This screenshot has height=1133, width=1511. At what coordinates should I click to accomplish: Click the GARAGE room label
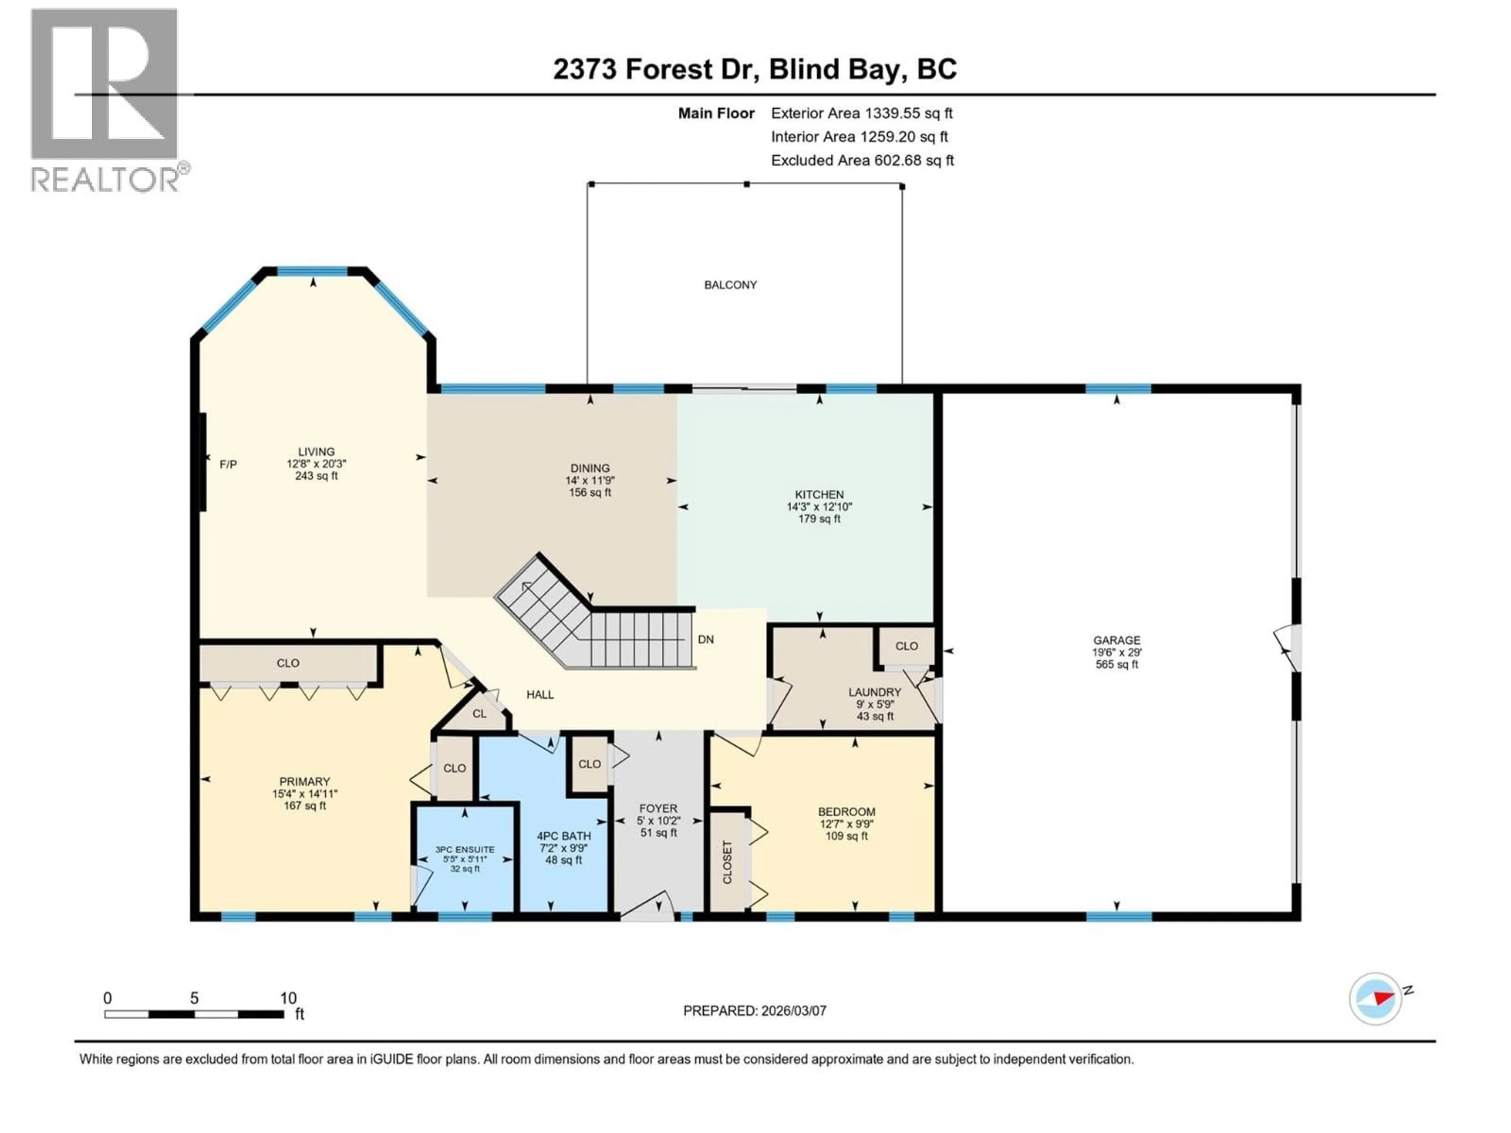pos(1116,640)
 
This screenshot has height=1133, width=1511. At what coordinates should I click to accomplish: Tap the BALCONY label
pos(730,285)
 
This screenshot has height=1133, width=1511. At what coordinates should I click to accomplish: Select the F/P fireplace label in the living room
pos(228,464)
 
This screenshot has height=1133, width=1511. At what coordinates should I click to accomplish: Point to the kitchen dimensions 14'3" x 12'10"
pos(819,507)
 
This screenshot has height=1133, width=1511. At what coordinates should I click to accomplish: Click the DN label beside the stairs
pos(706,639)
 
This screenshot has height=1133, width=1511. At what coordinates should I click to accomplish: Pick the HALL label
pos(539,694)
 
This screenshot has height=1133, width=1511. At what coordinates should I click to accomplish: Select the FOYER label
pos(658,808)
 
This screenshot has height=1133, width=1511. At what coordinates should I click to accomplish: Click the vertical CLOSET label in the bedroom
pos(727,862)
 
